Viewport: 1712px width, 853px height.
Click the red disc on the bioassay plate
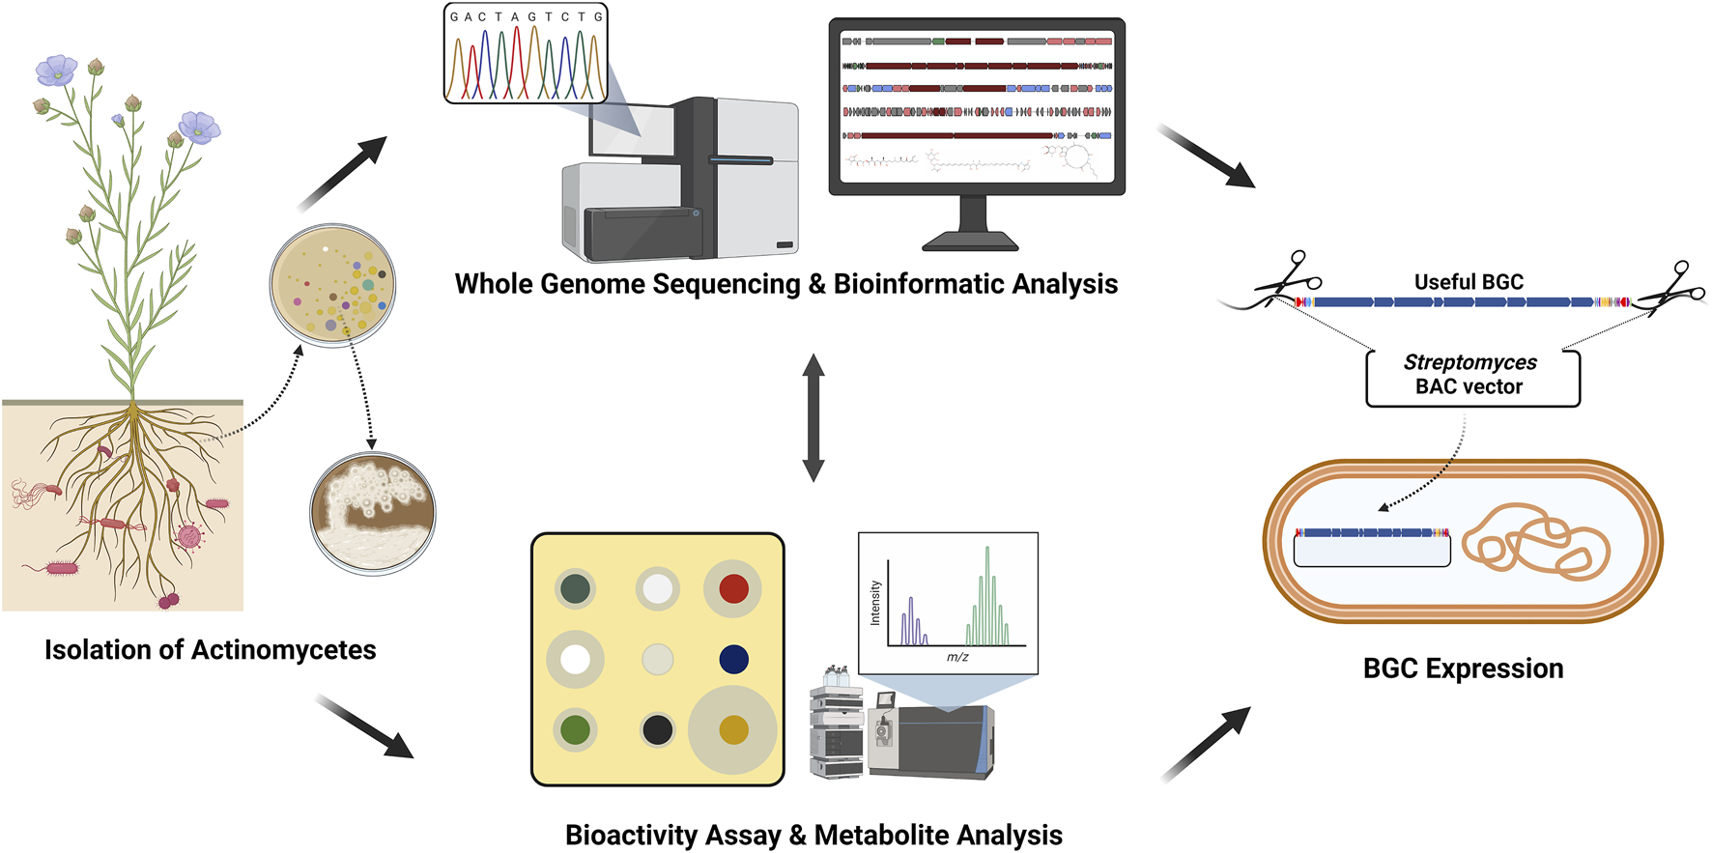(x=733, y=588)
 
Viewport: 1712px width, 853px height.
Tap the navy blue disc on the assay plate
(x=733, y=659)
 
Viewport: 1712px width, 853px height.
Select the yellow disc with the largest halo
(x=733, y=729)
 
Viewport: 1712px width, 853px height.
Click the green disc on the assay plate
(x=575, y=729)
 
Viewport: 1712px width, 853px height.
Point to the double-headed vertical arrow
(x=813, y=417)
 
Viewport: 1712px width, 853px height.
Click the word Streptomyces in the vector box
(x=1469, y=362)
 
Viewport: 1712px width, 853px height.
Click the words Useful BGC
(x=1469, y=282)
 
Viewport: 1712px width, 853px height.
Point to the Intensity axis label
(x=875, y=603)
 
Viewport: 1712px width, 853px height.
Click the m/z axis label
(x=957, y=657)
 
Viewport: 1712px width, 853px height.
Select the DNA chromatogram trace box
(x=526, y=53)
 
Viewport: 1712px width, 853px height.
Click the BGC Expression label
(x=1463, y=668)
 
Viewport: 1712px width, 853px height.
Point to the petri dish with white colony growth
(x=372, y=514)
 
